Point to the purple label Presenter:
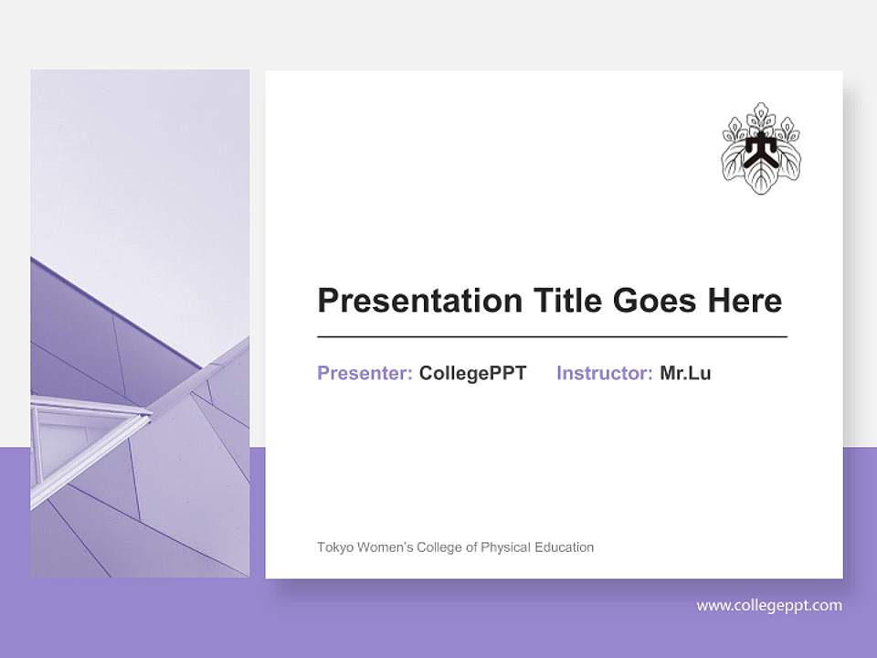coord(365,373)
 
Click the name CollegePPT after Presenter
coord(472,373)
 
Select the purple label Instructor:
coord(604,373)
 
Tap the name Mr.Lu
coord(685,373)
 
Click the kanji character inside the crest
coord(761,149)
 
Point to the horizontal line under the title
coord(552,337)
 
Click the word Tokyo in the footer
coord(333,547)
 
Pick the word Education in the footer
coord(565,547)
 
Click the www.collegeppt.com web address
coord(769,605)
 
